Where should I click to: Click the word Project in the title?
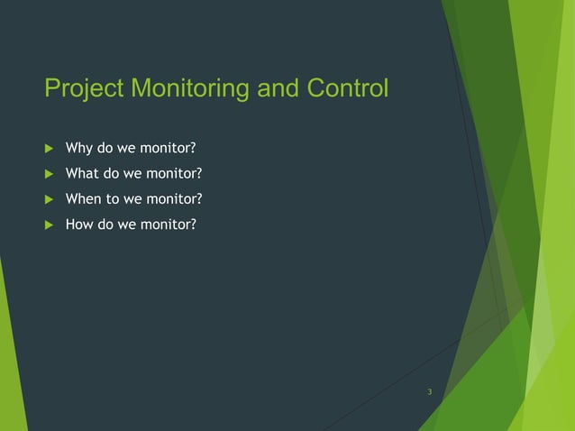84,90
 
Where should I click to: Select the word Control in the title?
348,89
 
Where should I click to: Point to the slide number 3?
430,391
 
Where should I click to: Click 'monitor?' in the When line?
171,198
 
